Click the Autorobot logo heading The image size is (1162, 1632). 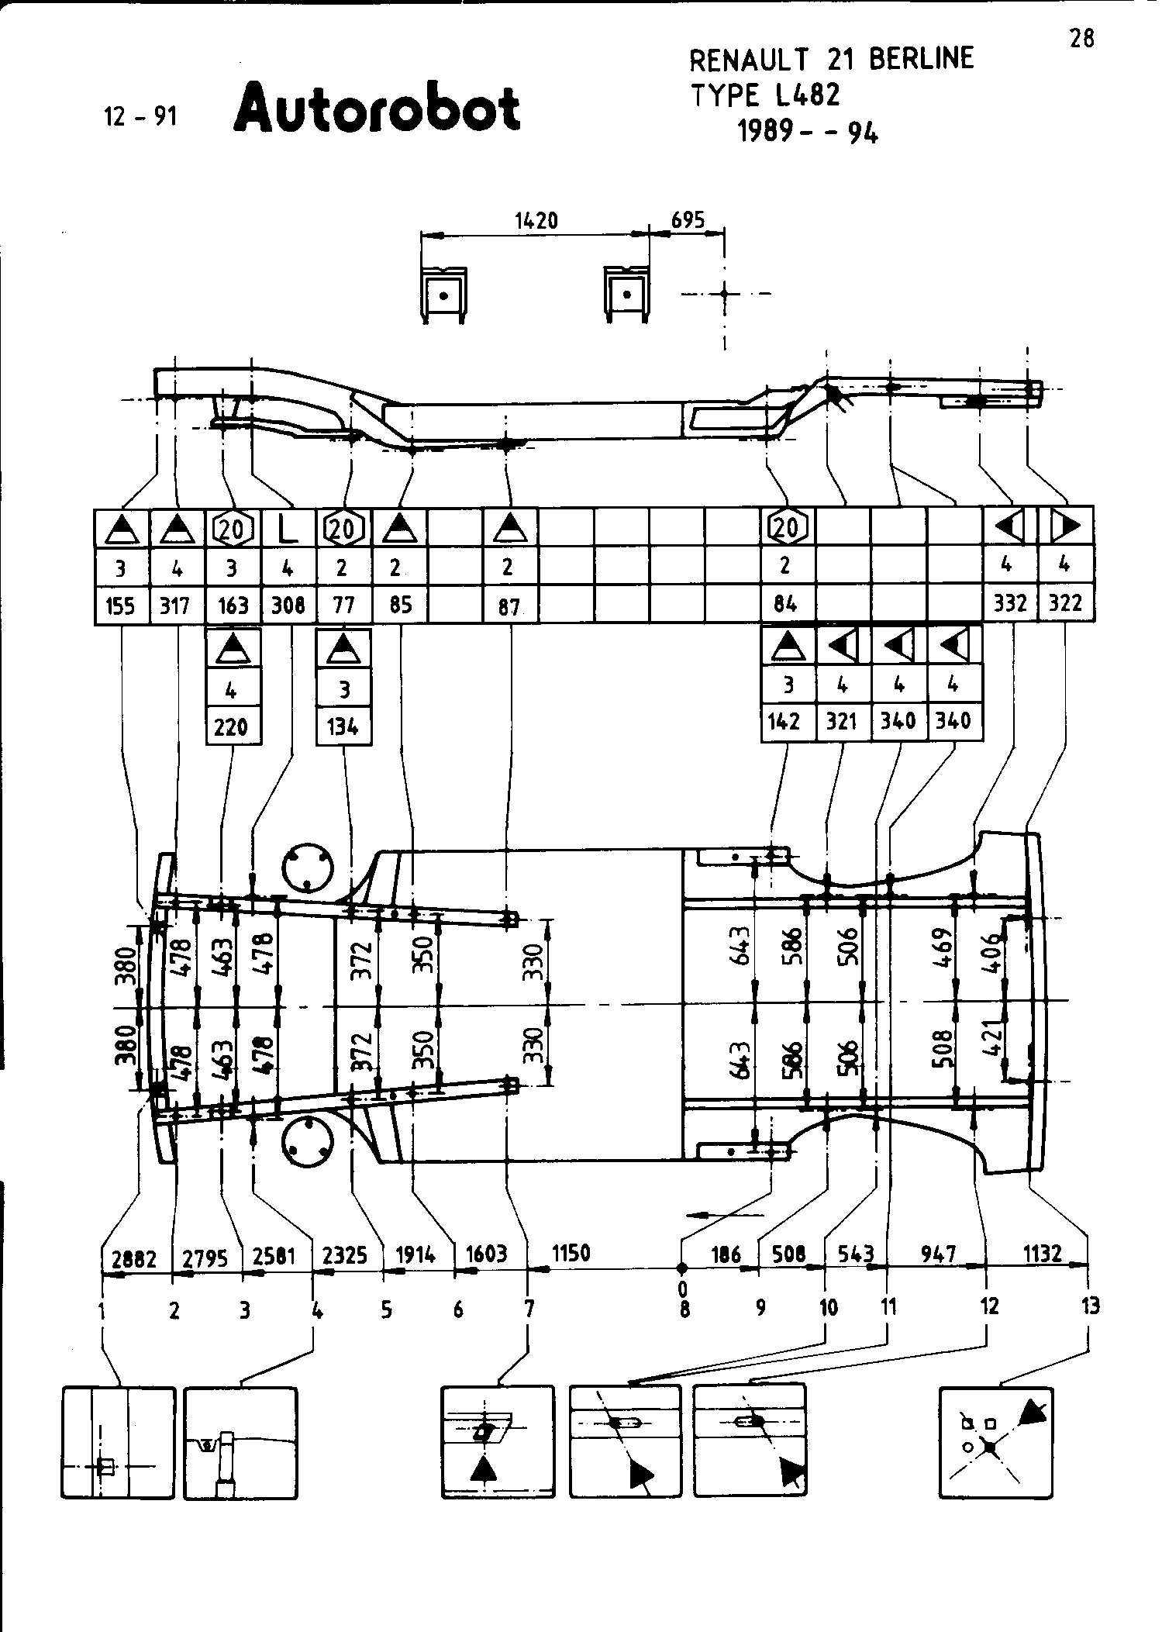377,109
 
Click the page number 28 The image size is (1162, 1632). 1081,38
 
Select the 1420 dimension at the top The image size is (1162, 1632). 536,221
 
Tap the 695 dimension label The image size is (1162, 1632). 688,220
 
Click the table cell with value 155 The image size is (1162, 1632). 121,605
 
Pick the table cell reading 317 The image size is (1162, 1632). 177,605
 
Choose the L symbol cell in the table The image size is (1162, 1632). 288,528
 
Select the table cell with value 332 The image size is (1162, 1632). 1010,603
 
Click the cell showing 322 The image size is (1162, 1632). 1065,603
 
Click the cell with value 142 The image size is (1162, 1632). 784,722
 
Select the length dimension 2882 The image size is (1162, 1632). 133,1259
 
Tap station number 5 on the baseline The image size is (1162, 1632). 386,1310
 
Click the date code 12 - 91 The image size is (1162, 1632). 140,116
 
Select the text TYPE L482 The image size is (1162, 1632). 764,95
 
